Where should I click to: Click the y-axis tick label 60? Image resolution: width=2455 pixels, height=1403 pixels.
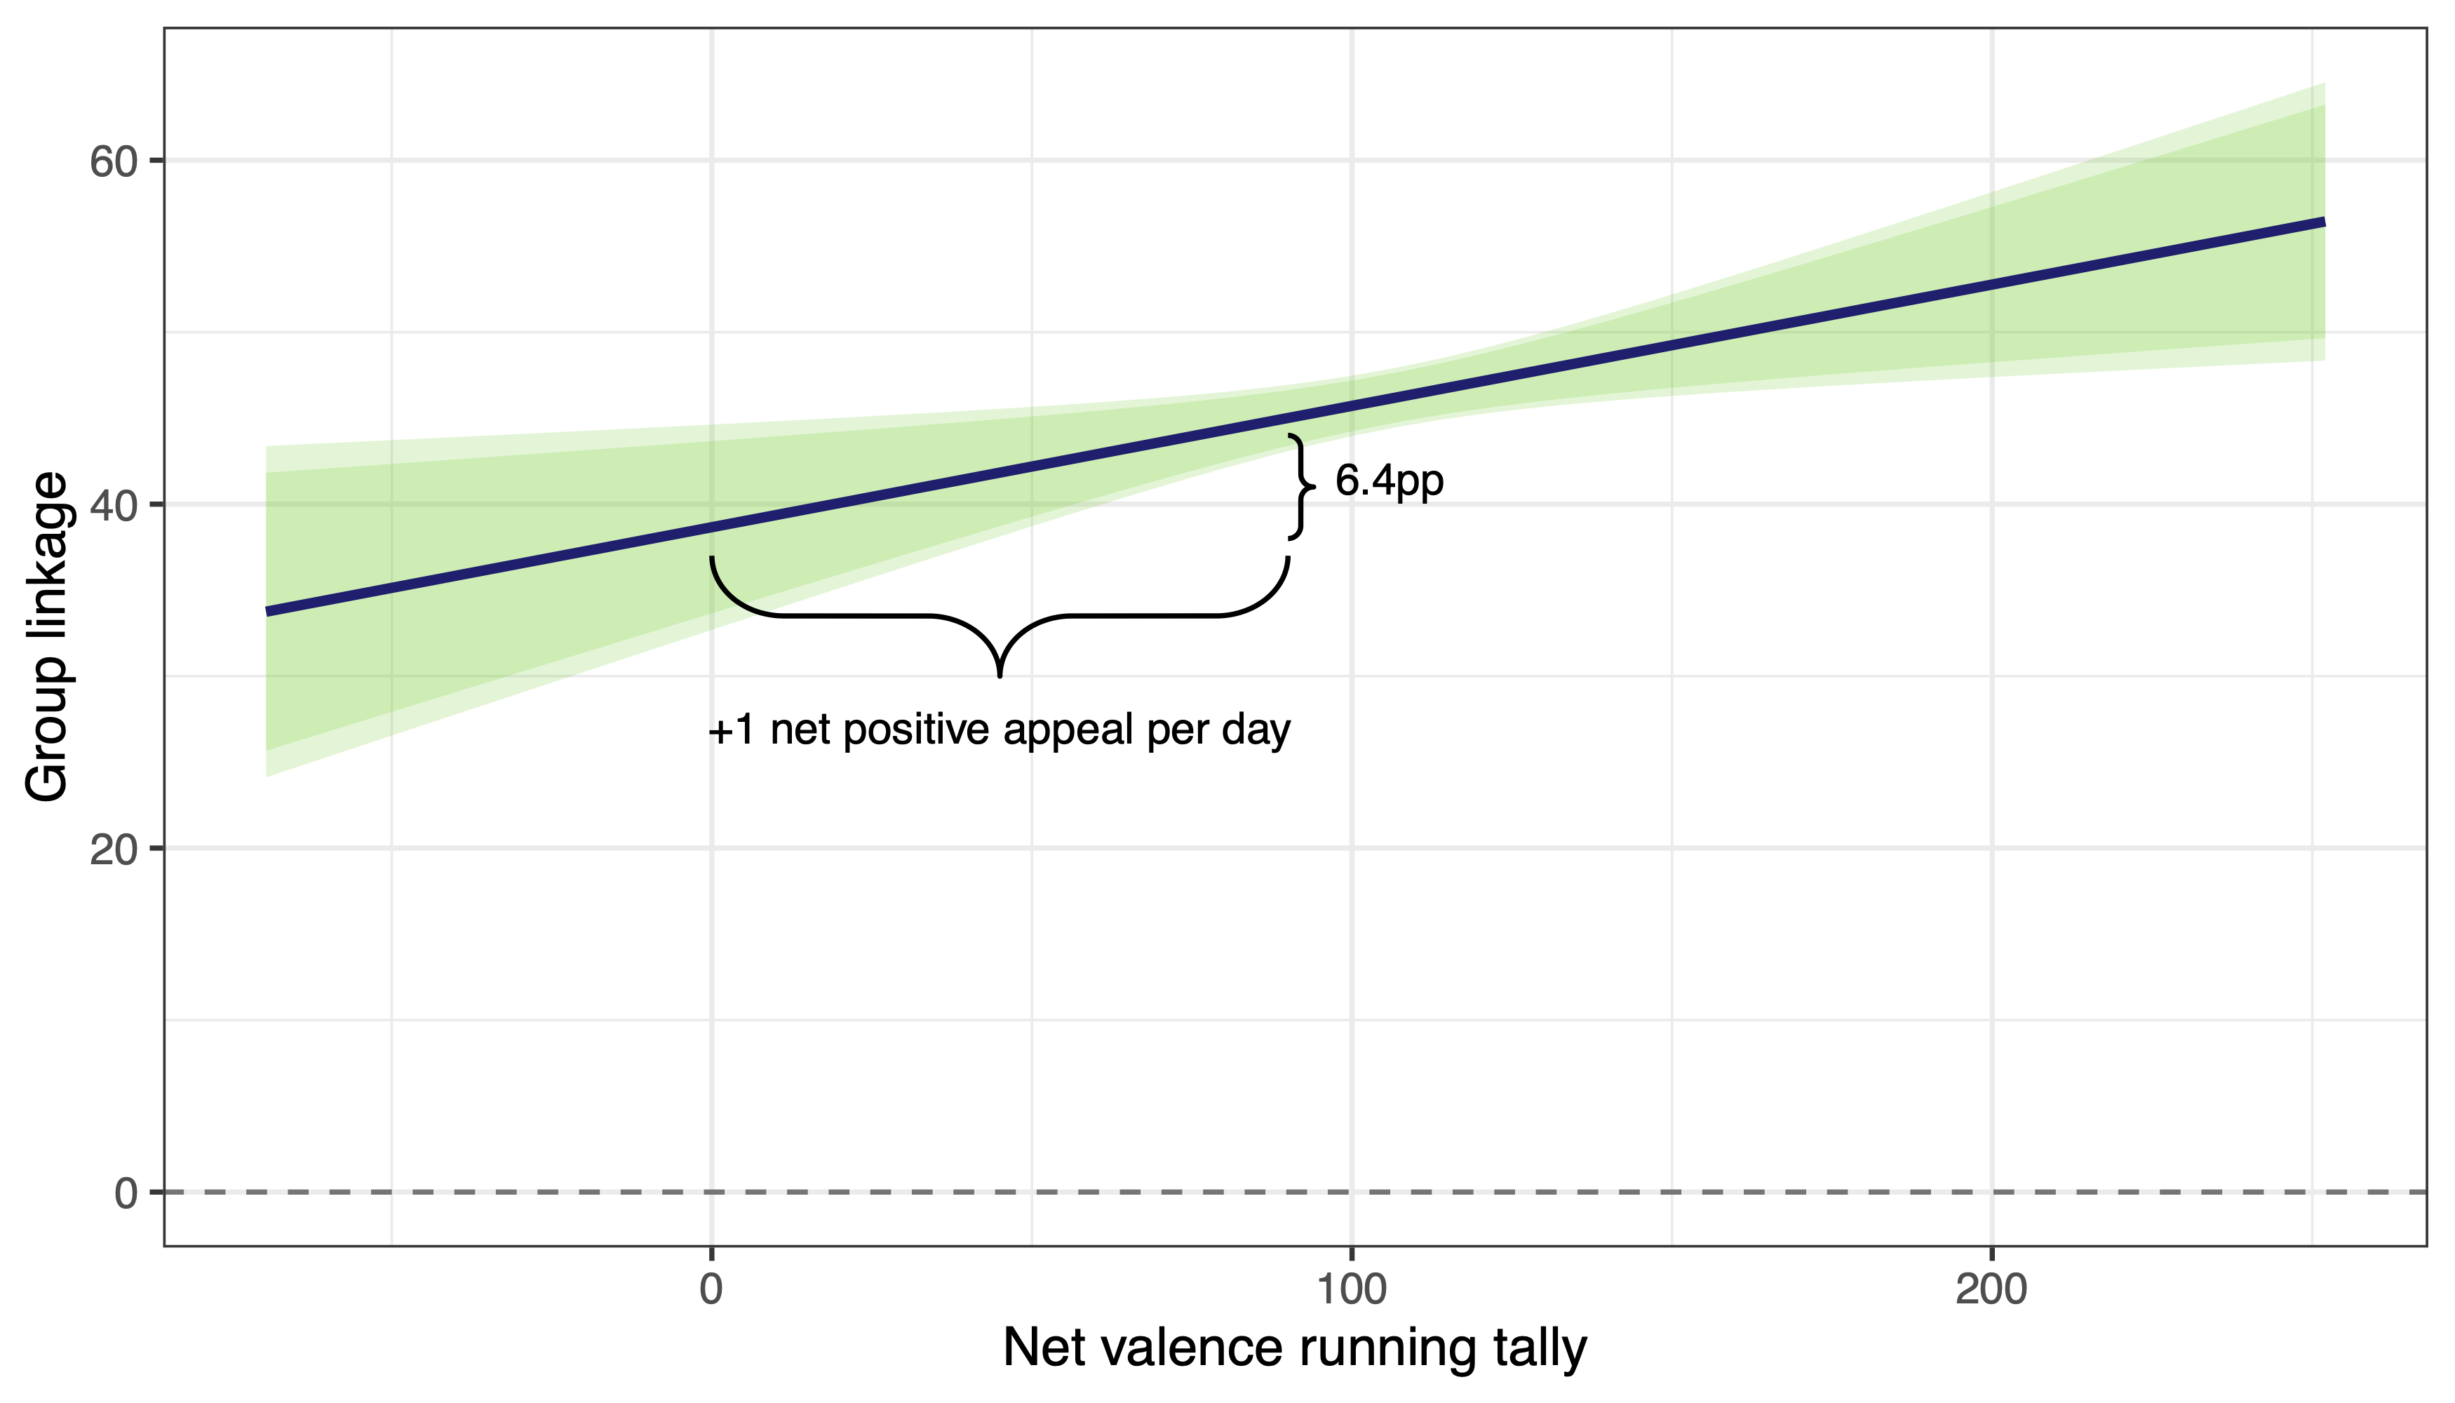pyautogui.click(x=113, y=162)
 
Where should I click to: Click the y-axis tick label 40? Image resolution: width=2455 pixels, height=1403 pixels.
pyautogui.click(x=113, y=505)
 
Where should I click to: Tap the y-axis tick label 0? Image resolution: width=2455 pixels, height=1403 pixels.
pyautogui.click(x=126, y=1194)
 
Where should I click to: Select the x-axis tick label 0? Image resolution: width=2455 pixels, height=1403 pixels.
pyautogui.click(x=711, y=1289)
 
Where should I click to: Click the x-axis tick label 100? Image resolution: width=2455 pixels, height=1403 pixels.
pyautogui.click(x=1351, y=1289)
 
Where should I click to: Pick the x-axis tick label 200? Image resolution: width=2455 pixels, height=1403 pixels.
pyautogui.click(x=1991, y=1289)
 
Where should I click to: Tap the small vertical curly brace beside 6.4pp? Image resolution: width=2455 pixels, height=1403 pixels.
pyautogui.click(x=1302, y=487)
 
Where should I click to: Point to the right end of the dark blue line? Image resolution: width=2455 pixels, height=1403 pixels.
pyautogui.click(x=2322, y=222)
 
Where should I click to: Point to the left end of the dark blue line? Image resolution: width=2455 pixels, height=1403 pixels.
pyautogui.click(x=269, y=611)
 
